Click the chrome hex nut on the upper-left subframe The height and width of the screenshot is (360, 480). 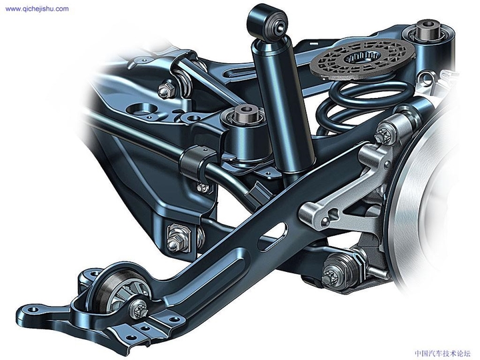pos(167,88)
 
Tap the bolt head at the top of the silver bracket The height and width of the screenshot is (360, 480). pos(385,135)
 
